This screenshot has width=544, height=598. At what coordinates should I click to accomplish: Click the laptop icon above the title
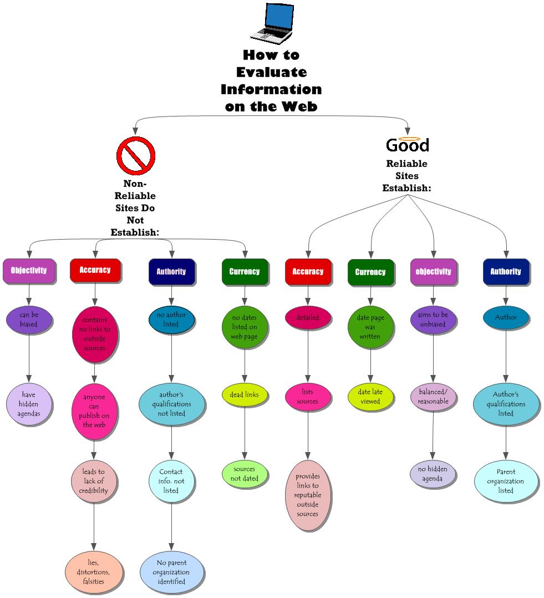[271, 23]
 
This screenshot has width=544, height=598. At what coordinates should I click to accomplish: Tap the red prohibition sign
[135, 156]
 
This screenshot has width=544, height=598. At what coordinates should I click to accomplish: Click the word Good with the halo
[408, 145]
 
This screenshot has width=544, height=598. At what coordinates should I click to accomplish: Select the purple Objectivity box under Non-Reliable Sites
[29, 271]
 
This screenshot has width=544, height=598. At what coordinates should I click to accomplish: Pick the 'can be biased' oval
[29, 320]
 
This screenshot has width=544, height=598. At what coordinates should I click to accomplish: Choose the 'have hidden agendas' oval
[29, 404]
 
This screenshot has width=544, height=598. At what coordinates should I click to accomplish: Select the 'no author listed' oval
[171, 320]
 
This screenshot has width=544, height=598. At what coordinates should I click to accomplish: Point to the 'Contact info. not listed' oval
[171, 481]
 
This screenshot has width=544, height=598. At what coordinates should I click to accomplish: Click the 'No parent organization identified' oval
[171, 572]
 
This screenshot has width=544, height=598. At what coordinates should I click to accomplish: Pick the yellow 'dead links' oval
[244, 395]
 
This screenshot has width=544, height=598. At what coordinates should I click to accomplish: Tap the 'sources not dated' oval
[244, 474]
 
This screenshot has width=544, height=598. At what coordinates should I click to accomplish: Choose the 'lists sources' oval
[307, 397]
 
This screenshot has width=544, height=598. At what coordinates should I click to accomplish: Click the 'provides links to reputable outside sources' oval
[307, 495]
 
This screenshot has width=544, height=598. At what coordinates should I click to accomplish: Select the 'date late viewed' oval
[370, 397]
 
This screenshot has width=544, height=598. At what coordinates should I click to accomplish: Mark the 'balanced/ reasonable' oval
[433, 397]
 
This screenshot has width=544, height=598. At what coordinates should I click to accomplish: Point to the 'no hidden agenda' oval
[433, 474]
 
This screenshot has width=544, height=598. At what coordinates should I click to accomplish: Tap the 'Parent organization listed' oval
[506, 481]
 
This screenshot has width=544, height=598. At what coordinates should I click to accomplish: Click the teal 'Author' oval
[505, 318]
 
